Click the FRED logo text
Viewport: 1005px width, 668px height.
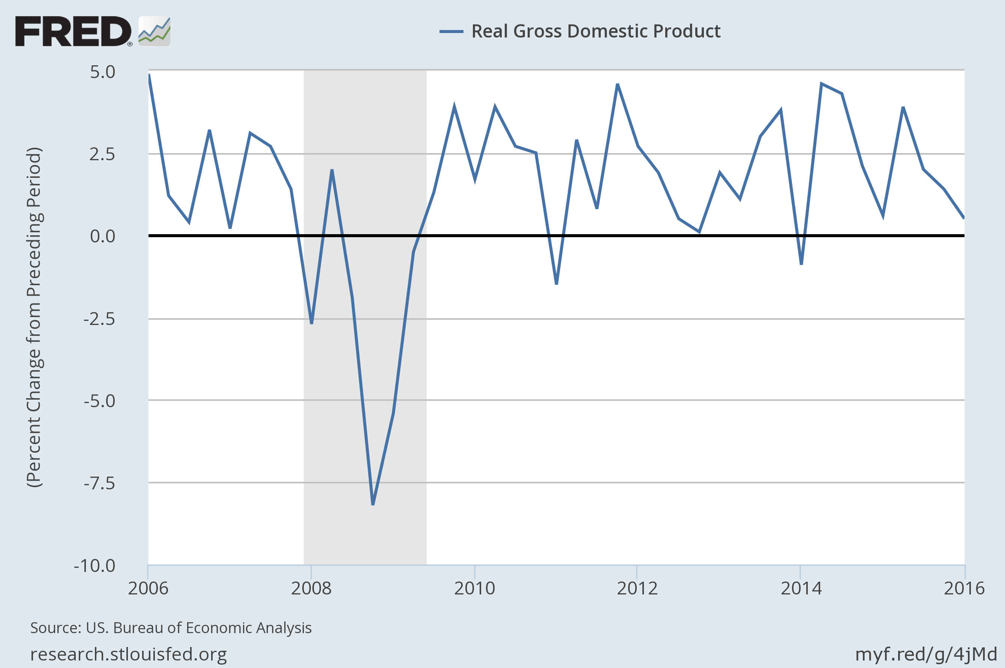click(x=73, y=31)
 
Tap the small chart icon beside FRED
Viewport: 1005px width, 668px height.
click(x=154, y=31)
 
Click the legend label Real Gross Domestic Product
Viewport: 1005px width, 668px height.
click(x=595, y=31)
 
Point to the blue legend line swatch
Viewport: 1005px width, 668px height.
click(x=451, y=31)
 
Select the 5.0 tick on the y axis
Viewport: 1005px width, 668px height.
click(x=102, y=72)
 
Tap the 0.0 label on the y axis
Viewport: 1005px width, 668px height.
click(x=102, y=236)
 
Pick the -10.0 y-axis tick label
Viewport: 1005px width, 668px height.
click(x=94, y=566)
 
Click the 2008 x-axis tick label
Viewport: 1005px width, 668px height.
click(x=311, y=588)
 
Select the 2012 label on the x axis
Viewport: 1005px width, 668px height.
click(x=637, y=588)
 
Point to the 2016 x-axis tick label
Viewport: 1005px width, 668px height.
click(x=964, y=588)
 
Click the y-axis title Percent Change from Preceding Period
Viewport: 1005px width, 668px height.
click(x=34, y=317)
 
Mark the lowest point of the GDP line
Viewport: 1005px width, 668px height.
click(x=373, y=504)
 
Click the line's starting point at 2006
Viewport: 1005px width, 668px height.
click(x=149, y=75)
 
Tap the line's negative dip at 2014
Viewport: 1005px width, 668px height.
click(x=801, y=264)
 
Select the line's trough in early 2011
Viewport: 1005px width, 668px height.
click(x=557, y=283)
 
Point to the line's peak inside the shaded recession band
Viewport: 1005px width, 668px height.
click(x=331, y=170)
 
